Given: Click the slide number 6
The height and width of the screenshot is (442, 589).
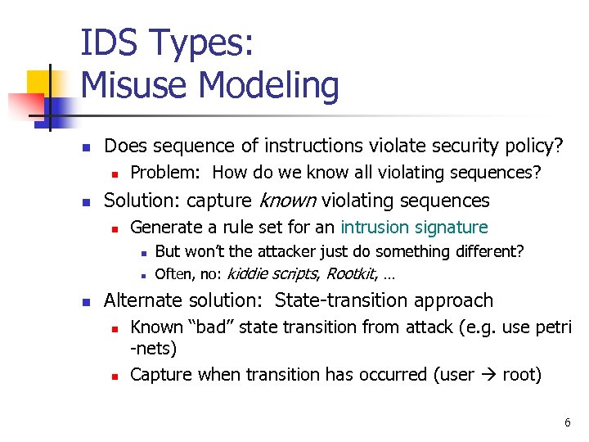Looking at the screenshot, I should pyautogui.click(x=567, y=423).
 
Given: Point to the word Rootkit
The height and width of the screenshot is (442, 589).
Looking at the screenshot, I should pyautogui.click(x=350, y=273).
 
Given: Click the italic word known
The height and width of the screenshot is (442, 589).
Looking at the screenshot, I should pyautogui.click(x=288, y=201).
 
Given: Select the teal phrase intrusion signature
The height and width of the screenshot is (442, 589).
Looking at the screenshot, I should pyautogui.click(x=414, y=227).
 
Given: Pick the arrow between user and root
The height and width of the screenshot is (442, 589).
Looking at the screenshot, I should pyautogui.click(x=487, y=375).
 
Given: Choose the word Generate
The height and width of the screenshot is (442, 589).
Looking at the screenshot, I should pyautogui.click(x=165, y=227).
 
